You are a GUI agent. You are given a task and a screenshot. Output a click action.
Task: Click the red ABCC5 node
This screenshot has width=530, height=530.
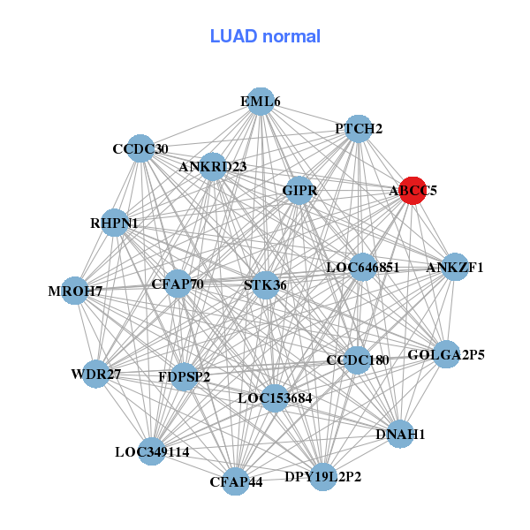click(x=413, y=190)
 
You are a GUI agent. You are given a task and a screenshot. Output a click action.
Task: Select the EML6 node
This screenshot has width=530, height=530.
click(x=260, y=102)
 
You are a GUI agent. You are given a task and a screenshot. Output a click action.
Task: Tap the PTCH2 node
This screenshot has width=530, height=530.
click(x=358, y=129)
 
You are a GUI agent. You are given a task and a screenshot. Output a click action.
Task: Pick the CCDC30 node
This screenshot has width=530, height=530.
click(x=140, y=148)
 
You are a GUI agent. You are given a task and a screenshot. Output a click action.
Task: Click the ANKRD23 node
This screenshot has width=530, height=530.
click(x=213, y=166)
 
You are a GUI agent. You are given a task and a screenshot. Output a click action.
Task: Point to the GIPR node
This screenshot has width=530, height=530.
click(x=299, y=190)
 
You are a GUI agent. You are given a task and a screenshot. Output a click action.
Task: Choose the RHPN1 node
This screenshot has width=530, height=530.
click(x=114, y=223)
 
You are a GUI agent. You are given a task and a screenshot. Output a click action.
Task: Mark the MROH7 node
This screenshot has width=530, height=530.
click(x=75, y=291)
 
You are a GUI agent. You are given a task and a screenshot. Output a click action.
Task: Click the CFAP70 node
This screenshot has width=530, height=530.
click(x=178, y=284)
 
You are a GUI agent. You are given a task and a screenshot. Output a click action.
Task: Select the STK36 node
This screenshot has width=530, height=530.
click(x=265, y=284)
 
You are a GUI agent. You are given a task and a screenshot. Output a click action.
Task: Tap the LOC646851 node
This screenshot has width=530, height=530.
click(x=362, y=267)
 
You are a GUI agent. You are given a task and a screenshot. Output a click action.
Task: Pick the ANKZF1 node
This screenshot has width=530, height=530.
click(x=454, y=267)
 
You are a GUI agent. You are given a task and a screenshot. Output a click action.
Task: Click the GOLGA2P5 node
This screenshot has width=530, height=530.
click(x=446, y=355)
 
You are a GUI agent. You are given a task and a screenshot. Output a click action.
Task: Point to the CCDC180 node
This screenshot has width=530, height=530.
click(x=356, y=360)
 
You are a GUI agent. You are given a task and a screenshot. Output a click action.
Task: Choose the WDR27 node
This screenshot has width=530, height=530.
click(x=96, y=375)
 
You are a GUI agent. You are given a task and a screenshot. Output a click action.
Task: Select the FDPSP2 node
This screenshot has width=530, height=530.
click(x=184, y=377)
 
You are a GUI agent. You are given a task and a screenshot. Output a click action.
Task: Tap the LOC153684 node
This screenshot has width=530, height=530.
click(x=275, y=398)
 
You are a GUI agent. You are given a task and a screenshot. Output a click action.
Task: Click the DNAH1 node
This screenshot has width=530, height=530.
click(x=400, y=434)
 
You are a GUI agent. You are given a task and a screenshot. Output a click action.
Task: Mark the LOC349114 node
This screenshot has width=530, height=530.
click(x=152, y=451)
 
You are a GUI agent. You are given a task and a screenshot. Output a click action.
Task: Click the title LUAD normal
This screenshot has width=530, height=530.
click(x=265, y=36)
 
